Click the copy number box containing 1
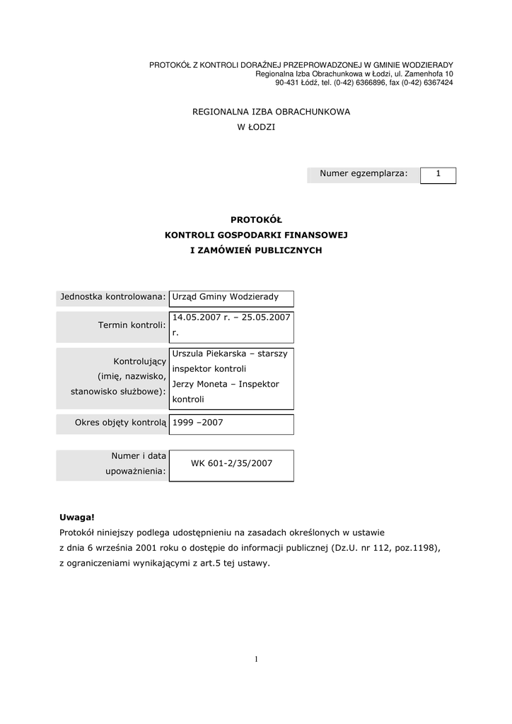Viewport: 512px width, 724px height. click(x=438, y=175)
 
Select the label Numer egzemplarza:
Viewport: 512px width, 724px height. click(x=363, y=174)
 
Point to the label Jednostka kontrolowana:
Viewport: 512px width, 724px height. click(x=113, y=297)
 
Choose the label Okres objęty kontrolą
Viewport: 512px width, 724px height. click(x=120, y=423)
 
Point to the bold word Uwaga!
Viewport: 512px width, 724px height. click(x=76, y=518)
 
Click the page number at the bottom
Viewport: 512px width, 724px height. click(x=256, y=660)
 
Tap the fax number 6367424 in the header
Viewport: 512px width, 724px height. click(x=438, y=83)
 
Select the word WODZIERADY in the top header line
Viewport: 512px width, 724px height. click(x=426, y=65)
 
